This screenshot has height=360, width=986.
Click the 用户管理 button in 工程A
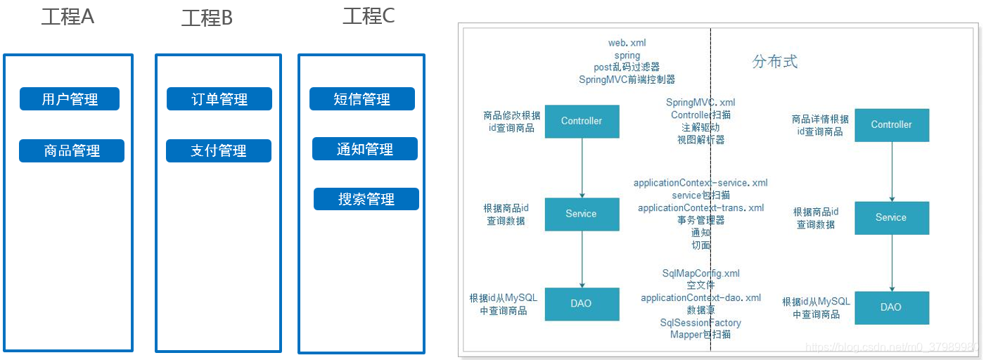point(70,99)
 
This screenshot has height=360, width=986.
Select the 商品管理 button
point(72,150)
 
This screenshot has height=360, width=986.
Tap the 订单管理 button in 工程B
point(219,99)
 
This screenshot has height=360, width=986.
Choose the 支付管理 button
point(219,150)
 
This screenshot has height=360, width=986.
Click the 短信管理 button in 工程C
point(362,99)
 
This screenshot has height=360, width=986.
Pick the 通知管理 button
point(365,149)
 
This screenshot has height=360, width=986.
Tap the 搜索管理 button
point(366,199)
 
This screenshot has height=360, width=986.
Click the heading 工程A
point(68,17)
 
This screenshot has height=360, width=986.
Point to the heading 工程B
point(207,18)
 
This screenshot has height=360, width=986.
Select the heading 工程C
point(369,16)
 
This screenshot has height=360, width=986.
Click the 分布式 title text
point(775,61)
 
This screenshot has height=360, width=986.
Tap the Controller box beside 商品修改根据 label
point(582,121)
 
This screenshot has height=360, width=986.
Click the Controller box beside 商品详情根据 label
point(891,124)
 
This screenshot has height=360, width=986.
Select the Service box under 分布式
point(891,217)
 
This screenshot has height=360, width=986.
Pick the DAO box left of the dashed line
point(582,304)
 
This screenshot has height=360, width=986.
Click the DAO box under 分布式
point(891,307)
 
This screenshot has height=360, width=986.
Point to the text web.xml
point(627,43)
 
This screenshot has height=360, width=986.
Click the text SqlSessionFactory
point(700,323)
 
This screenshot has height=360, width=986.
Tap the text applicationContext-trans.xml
point(700,208)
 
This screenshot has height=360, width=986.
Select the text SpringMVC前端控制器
point(627,79)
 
